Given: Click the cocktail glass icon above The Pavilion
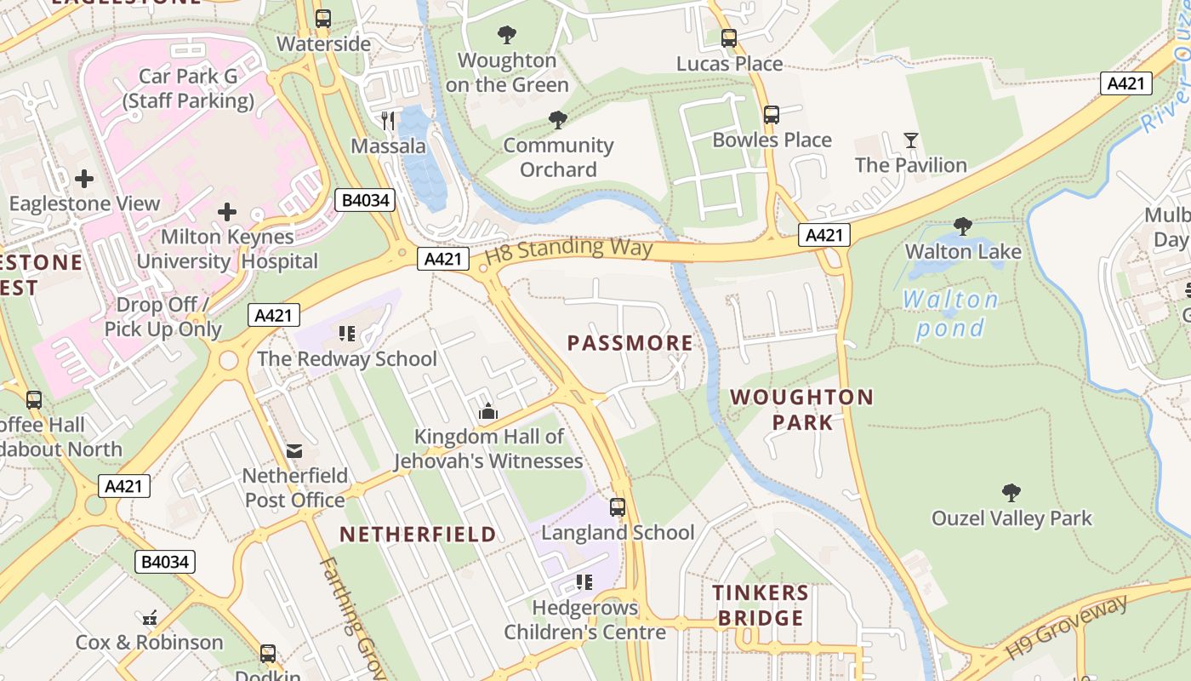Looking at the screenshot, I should pyautogui.click(x=911, y=140).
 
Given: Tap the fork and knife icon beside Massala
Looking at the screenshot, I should pyautogui.click(x=388, y=120).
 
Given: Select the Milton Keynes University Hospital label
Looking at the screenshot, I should pyautogui.click(x=227, y=249).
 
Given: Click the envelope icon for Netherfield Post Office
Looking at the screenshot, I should pyautogui.click(x=294, y=450).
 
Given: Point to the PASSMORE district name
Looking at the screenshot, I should pyautogui.click(x=630, y=343).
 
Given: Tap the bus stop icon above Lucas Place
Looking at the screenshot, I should pyautogui.click(x=729, y=38).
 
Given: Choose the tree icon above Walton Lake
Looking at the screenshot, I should pyautogui.click(x=963, y=226).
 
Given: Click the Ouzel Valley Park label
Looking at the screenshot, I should pyautogui.click(x=1011, y=518).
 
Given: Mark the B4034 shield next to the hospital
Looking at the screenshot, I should pyautogui.click(x=366, y=200).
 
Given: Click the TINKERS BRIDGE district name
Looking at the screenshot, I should pyautogui.click(x=761, y=605).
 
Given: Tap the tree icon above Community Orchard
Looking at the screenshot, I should pyautogui.click(x=558, y=120).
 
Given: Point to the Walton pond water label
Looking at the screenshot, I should pyautogui.click(x=950, y=313).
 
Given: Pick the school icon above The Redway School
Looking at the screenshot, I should pyautogui.click(x=346, y=334).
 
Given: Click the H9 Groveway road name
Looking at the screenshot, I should pyautogui.click(x=1067, y=628).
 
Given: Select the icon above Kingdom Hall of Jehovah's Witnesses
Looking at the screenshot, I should pyautogui.click(x=487, y=412).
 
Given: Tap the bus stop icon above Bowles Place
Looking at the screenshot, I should pyautogui.click(x=772, y=115).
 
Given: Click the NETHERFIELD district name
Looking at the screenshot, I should pyautogui.click(x=418, y=535).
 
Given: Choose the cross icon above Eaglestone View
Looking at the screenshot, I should pyautogui.click(x=84, y=179).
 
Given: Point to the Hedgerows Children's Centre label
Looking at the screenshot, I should pyautogui.click(x=584, y=620).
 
